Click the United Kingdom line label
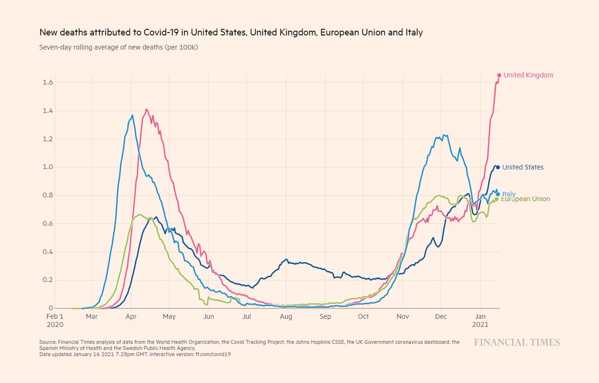pyautogui.click(x=528, y=75)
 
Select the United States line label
pyautogui.click(x=523, y=167)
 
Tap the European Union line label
pyautogui.click(x=526, y=199)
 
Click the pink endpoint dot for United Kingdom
pyautogui.click(x=499, y=75)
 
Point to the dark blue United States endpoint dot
pyautogui.click(x=498, y=167)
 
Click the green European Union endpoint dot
pyautogui.click(x=496, y=199)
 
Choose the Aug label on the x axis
pyautogui.click(x=286, y=316)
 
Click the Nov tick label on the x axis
pyautogui.click(x=402, y=316)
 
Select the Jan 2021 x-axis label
pyautogui.click(x=480, y=320)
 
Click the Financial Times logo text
pyautogui.click(x=517, y=342)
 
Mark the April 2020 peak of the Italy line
pyautogui.click(x=132, y=115)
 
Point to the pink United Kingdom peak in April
pyautogui.click(x=146, y=109)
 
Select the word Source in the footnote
pyautogui.click(x=47, y=342)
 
